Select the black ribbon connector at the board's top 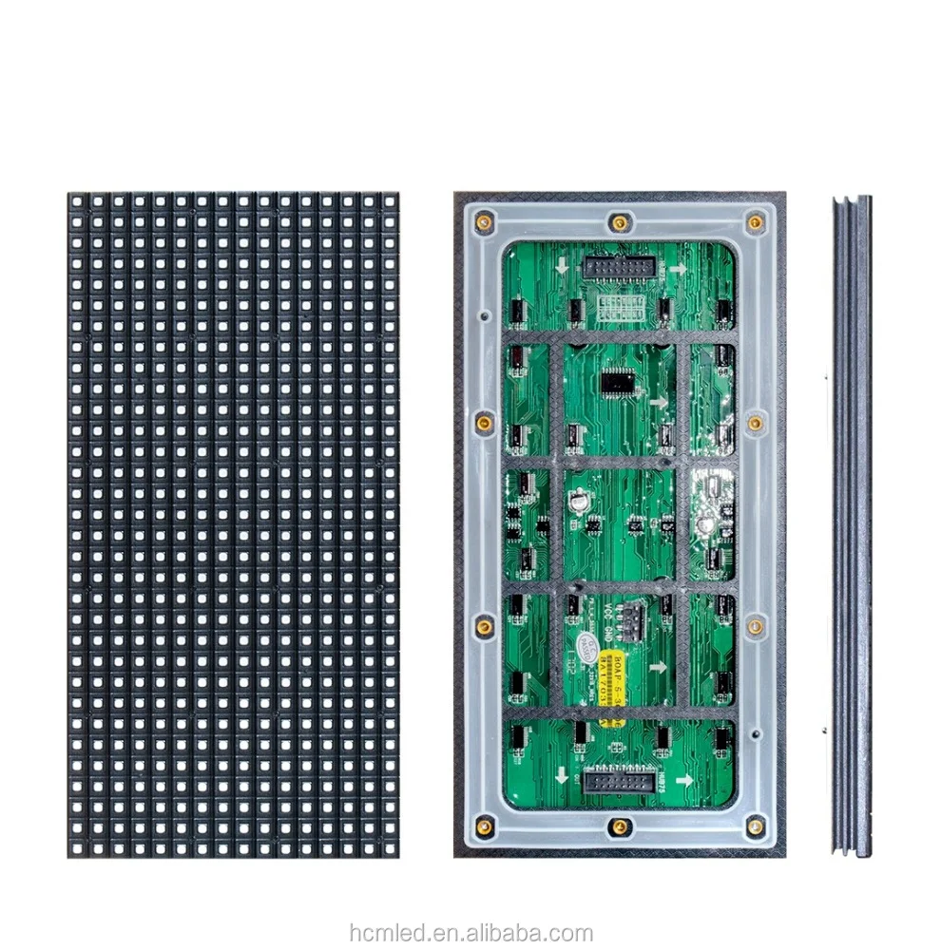[x=618, y=271]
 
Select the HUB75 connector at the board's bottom [x=619, y=782]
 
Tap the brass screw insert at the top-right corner [x=756, y=223]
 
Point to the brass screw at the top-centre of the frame [x=619, y=223]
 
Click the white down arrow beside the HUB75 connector [x=564, y=777]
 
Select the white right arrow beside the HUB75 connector [x=682, y=777]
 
